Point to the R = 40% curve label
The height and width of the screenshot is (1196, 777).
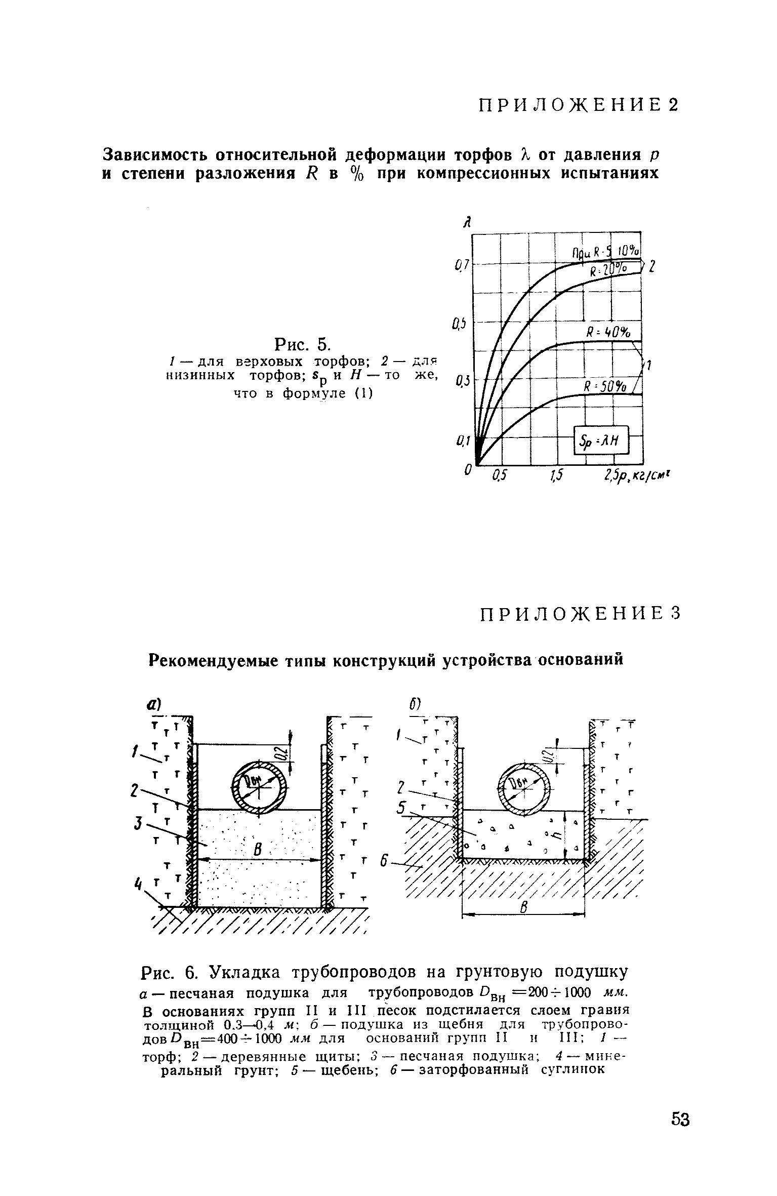(608, 333)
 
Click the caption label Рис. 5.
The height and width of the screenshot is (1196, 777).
(302, 344)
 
